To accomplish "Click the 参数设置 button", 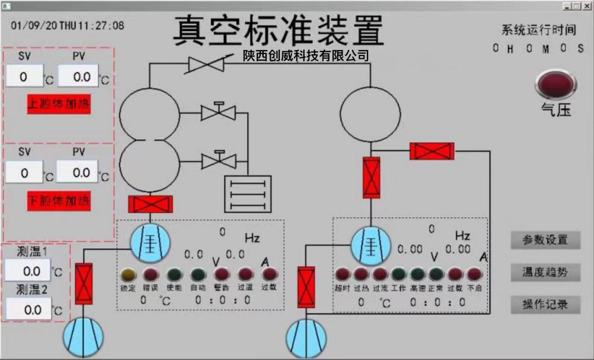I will [x=545, y=240].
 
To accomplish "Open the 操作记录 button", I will [x=545, y=305].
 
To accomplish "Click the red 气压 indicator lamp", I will [x=556, y=84].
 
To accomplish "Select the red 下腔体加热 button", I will [x=59, y=201].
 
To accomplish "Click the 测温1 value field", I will [x=28, y=271].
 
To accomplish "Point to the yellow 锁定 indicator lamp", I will [x=127, y=274].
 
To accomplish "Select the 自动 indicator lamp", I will [x=198, y=274].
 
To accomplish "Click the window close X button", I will [x=587, y=6].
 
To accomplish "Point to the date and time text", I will [x=67, y=25].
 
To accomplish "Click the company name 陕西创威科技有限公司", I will [x=306, y=56].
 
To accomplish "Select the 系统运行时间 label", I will [x=538, y=30].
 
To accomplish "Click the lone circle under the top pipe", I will [x=370, y=114].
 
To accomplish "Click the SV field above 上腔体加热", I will [x=24, y=77].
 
